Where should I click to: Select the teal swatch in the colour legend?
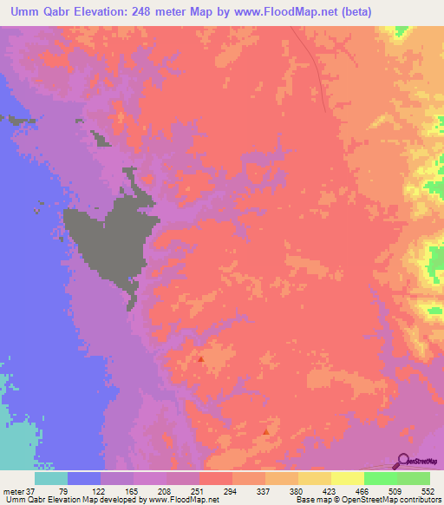click(x=51, y=478)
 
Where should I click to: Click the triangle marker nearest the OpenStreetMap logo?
click(x=265, y=430)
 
